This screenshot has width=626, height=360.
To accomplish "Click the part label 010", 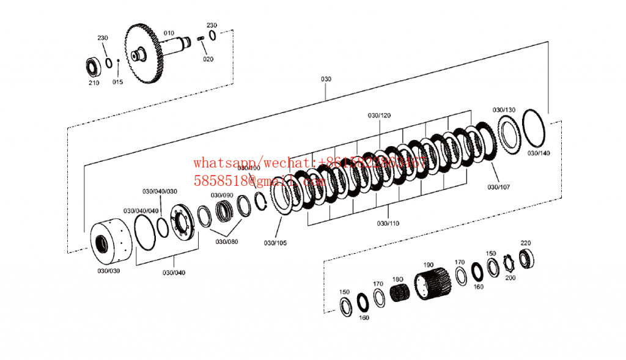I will (169, 33).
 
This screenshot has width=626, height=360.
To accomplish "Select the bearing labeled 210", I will (94, 65).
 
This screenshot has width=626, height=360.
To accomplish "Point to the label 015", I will (117, 81).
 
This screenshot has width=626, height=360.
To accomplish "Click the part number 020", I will (208, 59).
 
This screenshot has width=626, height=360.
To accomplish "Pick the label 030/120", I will (379, 115).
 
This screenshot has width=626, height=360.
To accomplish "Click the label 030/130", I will (504, 110).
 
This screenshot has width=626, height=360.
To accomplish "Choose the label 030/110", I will (388, 223).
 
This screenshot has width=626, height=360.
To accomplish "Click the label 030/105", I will (275, 243).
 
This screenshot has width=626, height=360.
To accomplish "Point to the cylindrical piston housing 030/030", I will (109, 243).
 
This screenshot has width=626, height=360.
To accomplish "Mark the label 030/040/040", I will (140, 211).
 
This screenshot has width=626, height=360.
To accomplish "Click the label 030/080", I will (227, 241).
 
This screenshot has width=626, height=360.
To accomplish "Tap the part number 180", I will (398, 279).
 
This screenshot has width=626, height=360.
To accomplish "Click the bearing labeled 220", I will (527, 257).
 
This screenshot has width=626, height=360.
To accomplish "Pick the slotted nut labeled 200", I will (508, 266).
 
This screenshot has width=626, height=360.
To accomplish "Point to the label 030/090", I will (222, 195).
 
